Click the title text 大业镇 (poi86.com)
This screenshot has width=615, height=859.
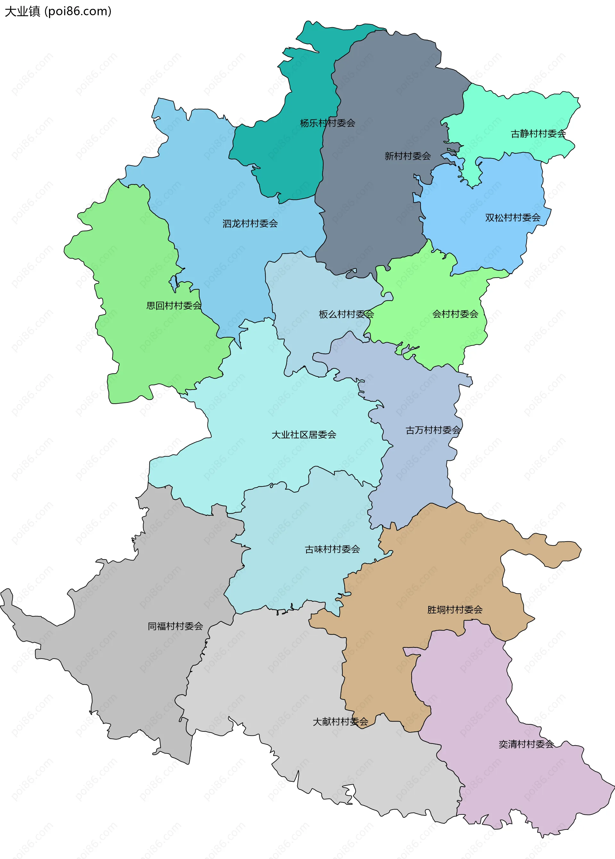[58, 11]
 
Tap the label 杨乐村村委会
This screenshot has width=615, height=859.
[327, 123]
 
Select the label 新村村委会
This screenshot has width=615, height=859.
[408, 156]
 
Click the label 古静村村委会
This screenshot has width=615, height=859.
[538, 134]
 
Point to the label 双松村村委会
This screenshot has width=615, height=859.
[512, 218]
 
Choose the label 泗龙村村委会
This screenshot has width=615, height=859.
[250, 224]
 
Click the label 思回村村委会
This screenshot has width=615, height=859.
[174, 306]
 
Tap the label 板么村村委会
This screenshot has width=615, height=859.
[346, 314]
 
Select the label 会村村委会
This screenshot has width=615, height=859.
[455, 314]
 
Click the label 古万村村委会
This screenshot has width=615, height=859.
[433, 430]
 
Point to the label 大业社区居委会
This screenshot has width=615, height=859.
[304, 435]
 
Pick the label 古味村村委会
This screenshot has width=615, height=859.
[332, 549]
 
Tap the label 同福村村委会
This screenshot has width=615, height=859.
[175, 626]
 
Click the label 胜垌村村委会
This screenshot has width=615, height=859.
[455, 610]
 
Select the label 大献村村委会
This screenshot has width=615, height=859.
[340, 722]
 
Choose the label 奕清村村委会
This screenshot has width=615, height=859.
[526, 744]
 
